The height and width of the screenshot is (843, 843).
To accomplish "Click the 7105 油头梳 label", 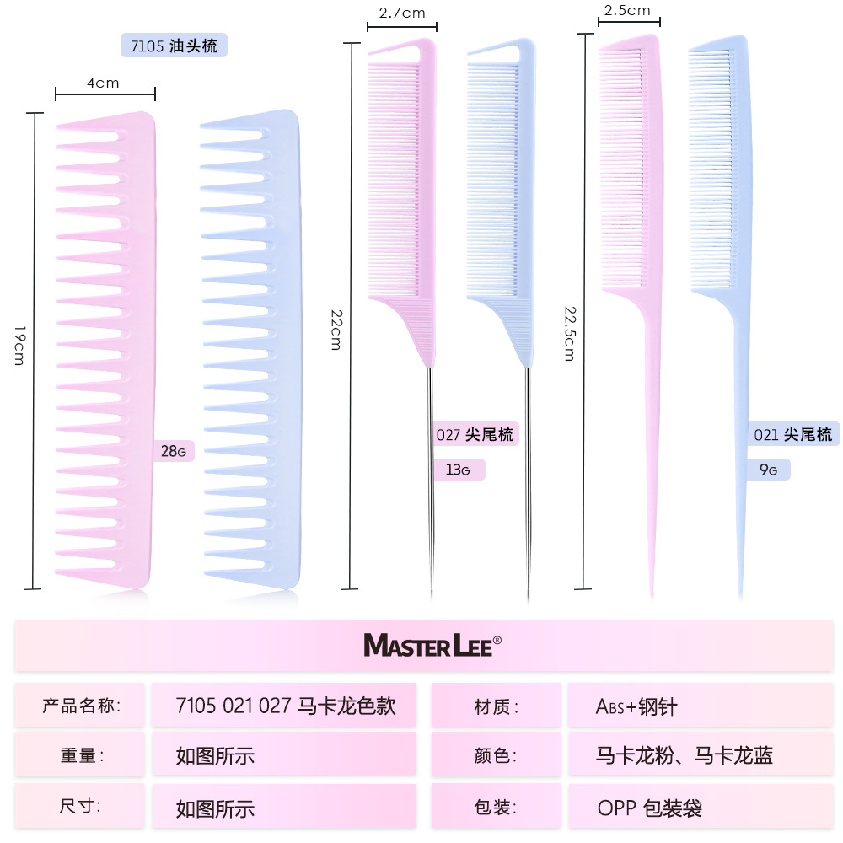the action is coord(174,46).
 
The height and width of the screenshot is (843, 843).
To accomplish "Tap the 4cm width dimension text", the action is coord(103,83).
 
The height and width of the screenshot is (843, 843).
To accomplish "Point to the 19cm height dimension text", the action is coord(19,345).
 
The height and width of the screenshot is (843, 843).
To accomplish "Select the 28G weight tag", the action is coord(174,451).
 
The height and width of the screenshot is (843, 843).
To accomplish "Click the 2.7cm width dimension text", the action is coord(401,13).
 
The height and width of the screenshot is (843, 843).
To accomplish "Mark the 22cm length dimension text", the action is coord(336,330).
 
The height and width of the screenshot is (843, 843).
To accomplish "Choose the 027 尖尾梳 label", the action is coord(475,434).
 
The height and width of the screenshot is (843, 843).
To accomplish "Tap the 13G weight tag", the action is coord(458,470).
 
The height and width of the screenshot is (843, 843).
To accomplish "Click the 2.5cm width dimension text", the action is coord(627,10).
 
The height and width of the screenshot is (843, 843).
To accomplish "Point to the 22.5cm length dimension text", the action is coord(570,333).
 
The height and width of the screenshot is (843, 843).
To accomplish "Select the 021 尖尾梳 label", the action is coord(793,434).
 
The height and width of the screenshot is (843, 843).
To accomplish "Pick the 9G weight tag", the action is coord(769,470).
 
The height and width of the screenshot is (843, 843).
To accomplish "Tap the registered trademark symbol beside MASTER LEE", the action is coord(497,640).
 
